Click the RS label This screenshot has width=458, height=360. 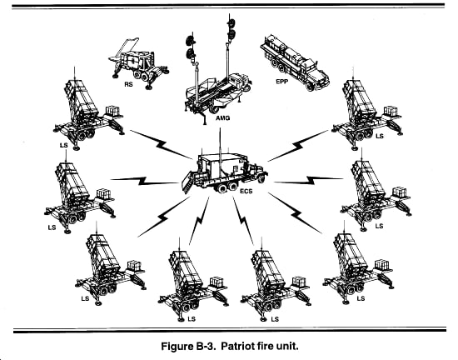coord(128,84)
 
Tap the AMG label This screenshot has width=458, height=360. coord(223,118)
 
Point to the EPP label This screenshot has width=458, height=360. coord(282,82)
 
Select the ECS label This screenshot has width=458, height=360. coord(246,192)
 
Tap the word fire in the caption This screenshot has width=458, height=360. coord(265,347)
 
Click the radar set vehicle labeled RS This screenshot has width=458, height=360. coord(138,63)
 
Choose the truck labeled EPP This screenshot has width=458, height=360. coord(295,62)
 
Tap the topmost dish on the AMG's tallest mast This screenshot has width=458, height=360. coord(231,22)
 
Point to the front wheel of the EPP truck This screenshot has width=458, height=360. coord(311,86)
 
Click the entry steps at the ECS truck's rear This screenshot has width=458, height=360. coord(187,182)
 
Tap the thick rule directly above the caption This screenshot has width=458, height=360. coord(230,331)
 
